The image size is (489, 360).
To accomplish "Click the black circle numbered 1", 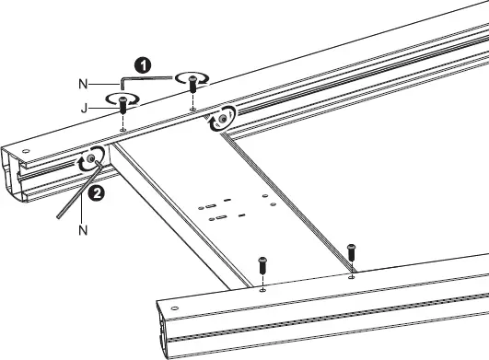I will pyautogui.click(x=142, y=65).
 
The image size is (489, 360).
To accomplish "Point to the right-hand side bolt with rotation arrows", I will pyautogui.click(x=222, y=118).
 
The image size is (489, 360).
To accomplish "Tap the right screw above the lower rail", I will pyautogui.click(x=351, y=256).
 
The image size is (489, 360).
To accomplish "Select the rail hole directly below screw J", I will pyautogui.click(x=123, y=130).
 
